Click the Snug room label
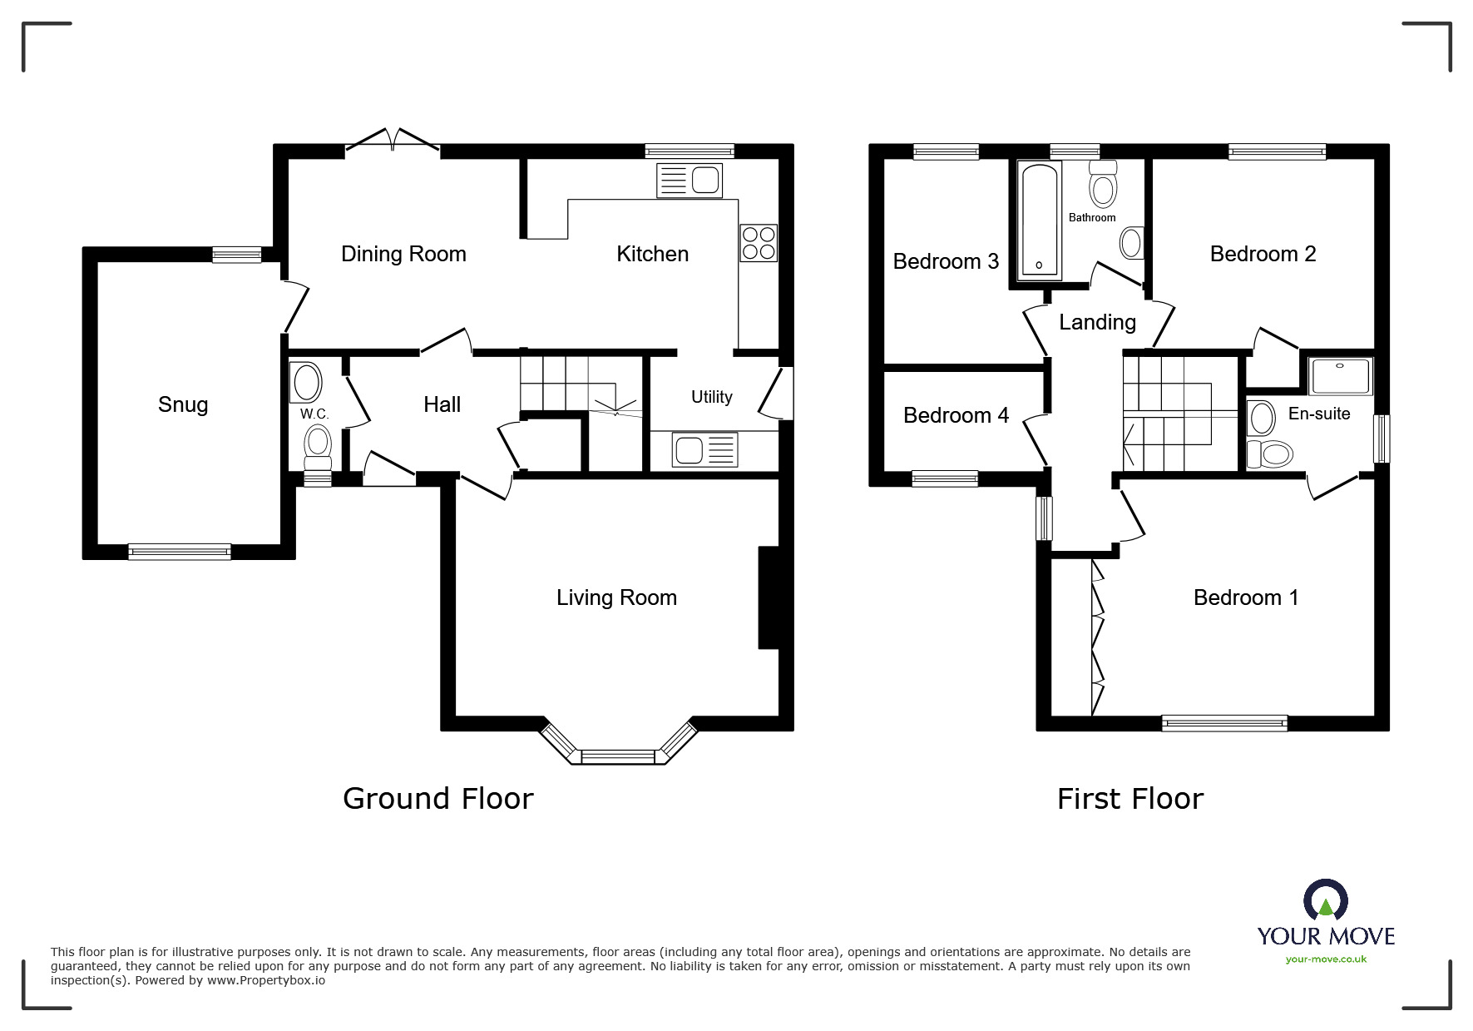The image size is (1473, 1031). [183, 404]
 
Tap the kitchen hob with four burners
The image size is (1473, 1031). [759, 243]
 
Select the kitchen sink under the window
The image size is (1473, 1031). [690, 181]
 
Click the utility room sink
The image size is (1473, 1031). [704, 450]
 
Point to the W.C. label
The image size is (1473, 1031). [314, 414]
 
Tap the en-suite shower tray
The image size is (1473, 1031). [1340, 377]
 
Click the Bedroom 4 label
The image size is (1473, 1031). [956, 415]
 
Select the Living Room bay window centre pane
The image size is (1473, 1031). [618, 756]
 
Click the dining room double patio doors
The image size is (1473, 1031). [392, 141]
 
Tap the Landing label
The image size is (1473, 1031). [1097, 322]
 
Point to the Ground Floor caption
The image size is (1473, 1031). [437, 799]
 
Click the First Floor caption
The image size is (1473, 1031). [1129, 799]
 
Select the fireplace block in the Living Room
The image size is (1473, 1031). [768, 597]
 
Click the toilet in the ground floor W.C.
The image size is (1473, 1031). [317, 445]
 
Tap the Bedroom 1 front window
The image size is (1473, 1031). [1223, 723]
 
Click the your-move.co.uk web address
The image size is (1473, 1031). [1326, 959]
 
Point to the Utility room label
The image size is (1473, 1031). [711, 397]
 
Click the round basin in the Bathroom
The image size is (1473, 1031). [1131, 243]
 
